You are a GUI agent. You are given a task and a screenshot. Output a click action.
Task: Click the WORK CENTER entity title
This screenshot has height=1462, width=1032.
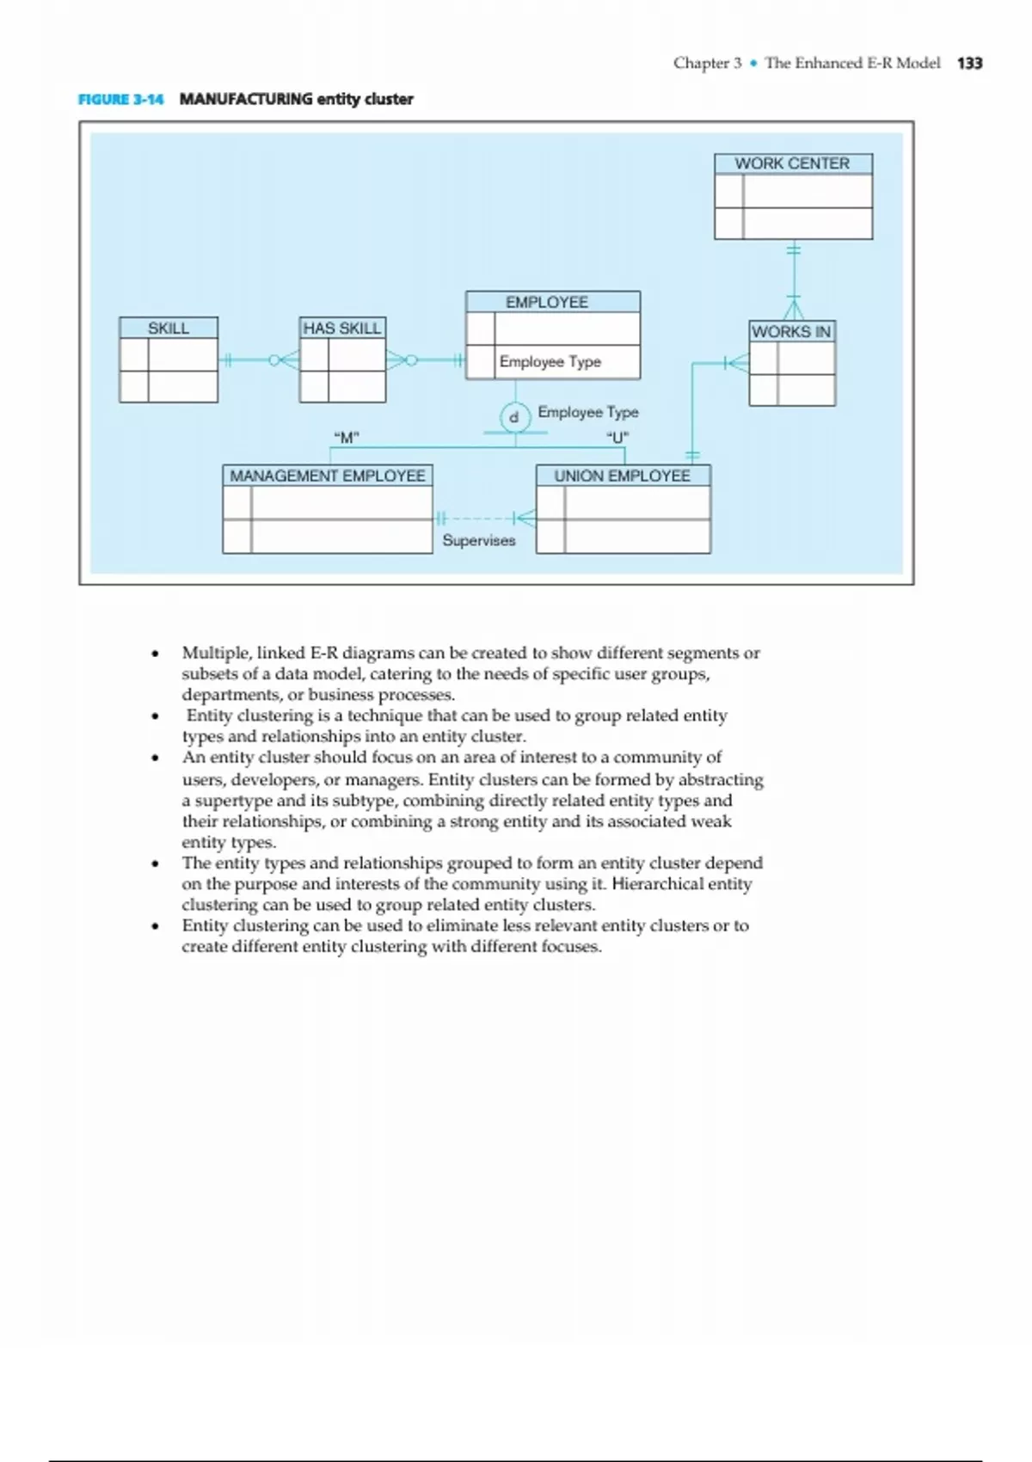click(x=792, y=163)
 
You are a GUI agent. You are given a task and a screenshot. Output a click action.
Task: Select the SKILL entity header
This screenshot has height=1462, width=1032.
click(x=169, y=328)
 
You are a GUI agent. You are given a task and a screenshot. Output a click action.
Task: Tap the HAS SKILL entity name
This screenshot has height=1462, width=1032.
click(x=341, y=328)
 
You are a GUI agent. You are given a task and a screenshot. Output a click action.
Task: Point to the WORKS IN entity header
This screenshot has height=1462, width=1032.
click(x=791, y=331)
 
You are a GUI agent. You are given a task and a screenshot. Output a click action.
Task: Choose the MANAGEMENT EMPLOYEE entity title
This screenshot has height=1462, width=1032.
click(x=327, y=476)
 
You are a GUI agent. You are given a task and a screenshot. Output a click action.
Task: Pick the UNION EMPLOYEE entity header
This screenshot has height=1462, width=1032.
click(x=622, y=476)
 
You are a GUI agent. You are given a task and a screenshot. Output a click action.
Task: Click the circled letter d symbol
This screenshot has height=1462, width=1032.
click(x=514, y=417)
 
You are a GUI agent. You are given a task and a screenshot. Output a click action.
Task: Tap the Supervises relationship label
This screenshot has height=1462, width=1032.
click(x=479, y=540)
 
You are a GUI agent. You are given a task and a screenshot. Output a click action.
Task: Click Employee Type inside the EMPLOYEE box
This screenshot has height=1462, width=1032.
click(x=550, y=362)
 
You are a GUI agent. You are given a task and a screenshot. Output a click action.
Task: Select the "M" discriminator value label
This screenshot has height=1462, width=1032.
click(x=346, y=438)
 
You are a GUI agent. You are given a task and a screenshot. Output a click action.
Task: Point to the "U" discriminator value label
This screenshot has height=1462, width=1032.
click(x=617, y=438)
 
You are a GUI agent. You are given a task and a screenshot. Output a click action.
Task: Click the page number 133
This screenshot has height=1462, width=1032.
click(x=969, y=63)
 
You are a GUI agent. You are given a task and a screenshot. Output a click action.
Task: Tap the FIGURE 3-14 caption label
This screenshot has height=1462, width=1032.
click(x=120, y=99)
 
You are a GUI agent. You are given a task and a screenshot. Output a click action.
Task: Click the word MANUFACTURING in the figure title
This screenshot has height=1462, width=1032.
click(x=246, y=99)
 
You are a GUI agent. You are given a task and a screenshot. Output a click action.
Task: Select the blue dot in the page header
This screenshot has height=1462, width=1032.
click(x=753, y=63)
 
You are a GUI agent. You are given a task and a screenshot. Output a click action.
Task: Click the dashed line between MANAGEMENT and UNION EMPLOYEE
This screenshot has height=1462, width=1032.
click(x=478, y=519)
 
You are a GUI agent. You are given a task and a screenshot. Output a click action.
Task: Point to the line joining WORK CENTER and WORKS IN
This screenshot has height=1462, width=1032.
click(x=794, y=275)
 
